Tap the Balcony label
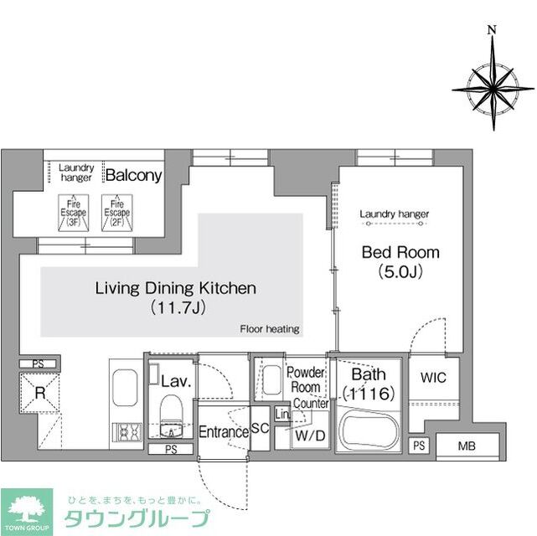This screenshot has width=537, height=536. point(132,176)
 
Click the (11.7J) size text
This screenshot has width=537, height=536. point(174,307)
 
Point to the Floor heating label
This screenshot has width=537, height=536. point(269,329)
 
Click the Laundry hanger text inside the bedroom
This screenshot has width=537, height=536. point(394,214)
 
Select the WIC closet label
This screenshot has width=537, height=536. point(433,378)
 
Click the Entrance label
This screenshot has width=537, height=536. point(223,432)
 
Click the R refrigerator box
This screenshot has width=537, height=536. point(39,392)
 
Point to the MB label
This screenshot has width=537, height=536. point(467,446)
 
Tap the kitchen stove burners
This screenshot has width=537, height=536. point(127,433)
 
